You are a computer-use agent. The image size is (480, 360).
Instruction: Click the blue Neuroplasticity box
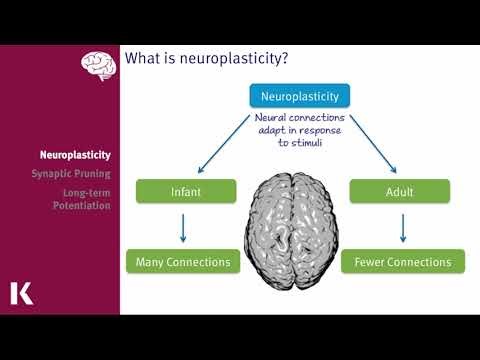click(x=299, y=97)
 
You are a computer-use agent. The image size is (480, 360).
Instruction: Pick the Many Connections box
click(x=185, y=263)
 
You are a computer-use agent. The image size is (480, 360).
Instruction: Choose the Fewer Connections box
click(x=403, y=263)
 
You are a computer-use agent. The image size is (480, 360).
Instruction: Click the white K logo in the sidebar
click(x=21, y=293)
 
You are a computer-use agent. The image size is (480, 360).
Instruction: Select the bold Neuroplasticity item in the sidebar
click(x=75, y=155)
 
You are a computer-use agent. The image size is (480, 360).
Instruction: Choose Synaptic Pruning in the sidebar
click(x=72, y=173)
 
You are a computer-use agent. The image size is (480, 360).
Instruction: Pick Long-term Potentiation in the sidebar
click(x=81, y=198)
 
